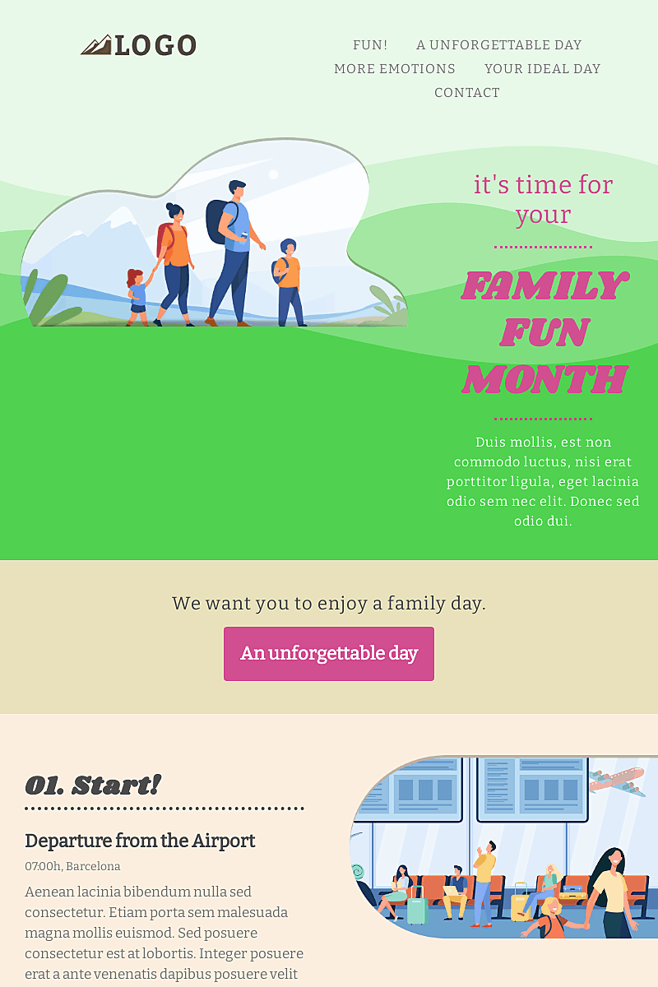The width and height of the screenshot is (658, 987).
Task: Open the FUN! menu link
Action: pos(370,45)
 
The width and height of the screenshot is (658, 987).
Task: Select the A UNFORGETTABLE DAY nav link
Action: pos(498,45)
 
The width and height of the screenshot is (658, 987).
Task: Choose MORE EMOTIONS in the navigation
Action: pos(394,69)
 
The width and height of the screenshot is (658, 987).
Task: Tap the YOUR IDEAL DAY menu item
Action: pos(542,69)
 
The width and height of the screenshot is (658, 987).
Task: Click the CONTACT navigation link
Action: pos(466,93)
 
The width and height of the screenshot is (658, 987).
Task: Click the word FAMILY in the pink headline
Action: pos(544,285)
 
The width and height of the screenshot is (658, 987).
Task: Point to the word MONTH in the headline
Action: pos(544,379)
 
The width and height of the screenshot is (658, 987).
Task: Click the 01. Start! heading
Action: pos(93,785)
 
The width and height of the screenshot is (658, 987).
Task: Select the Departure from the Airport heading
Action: pos(140,841)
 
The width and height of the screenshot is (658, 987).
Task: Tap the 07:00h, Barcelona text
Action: pos(72,866)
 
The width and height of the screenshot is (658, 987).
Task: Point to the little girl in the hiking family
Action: pos(137,294)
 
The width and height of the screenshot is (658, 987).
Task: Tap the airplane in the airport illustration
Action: pos(618,781)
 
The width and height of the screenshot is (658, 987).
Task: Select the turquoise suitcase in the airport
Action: pos(417,910)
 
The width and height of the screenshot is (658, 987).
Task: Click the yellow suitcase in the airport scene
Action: pos(521,905)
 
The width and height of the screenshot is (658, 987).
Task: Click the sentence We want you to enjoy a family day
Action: pos(329,603)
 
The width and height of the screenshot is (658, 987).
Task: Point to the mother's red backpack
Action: pos(163,239)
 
